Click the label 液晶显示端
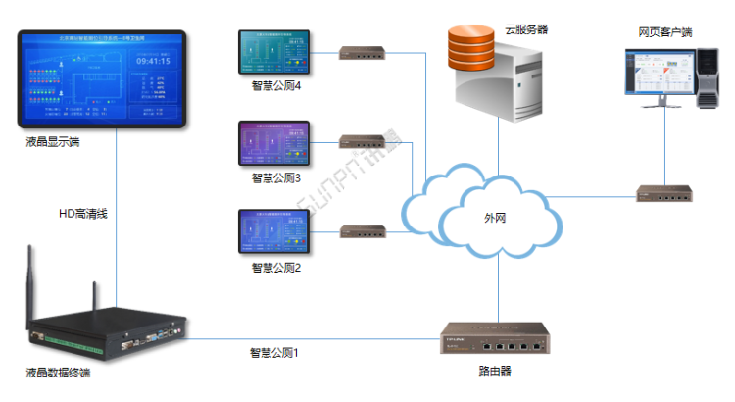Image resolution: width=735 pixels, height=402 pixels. tap(53, 143)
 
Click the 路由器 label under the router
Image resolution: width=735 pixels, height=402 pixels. tap(497, 371)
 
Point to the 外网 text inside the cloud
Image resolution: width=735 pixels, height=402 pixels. tap(497, 218)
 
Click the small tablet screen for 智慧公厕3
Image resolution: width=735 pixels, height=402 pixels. tap(273, 144)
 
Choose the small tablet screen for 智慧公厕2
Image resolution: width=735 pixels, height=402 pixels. tap(273, 233)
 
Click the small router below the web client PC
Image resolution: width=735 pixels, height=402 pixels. tap(662, 192)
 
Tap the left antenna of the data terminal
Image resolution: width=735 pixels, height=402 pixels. tap(28, 284)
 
